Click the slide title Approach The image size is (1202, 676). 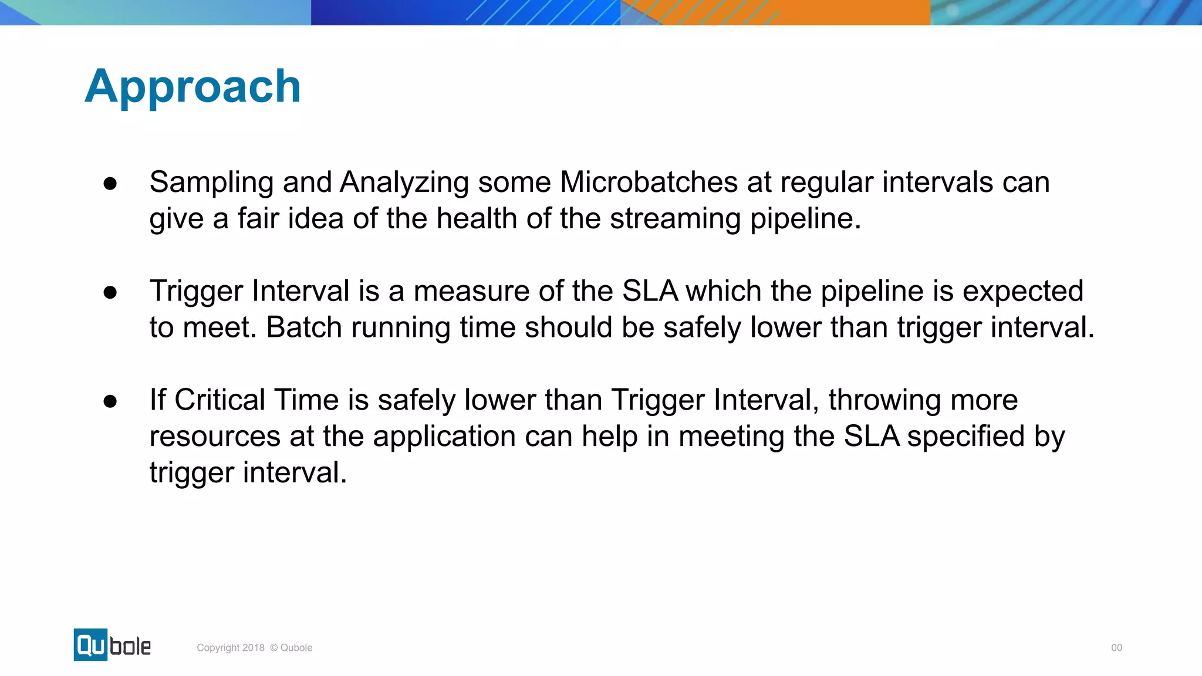(x=193, y=87)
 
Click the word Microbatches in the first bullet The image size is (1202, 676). (x=649, y=182)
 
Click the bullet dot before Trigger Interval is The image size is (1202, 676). (x=110, y=292)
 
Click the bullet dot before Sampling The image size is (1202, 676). (x=110, y=184)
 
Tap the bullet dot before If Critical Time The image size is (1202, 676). (x=110, y=401)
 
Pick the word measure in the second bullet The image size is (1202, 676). (x=471, y=292)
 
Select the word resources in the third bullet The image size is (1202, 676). (x=215, y=437)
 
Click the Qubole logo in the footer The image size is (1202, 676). (x=112, y=645)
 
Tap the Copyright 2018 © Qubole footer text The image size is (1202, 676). (x=254, y=648)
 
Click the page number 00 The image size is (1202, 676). (x=1116, y=648)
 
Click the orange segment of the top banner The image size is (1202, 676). (x=822, y=12)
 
